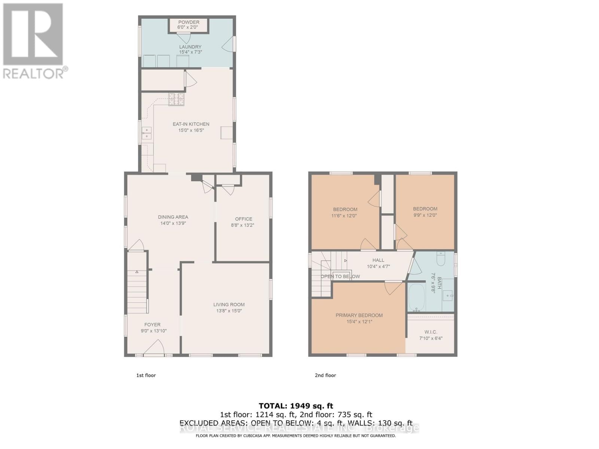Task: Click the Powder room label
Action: [189, 22]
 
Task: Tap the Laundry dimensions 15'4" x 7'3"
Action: [190, 52]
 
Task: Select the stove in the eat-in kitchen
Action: [176, 99]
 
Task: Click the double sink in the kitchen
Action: [146, 133]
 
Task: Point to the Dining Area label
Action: [173, 217]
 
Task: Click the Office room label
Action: [243, 219]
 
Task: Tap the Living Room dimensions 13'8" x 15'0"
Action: [229, 311]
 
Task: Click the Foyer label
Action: [152, 325]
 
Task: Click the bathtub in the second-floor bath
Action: [416, 297]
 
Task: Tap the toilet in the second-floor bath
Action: [441, 259]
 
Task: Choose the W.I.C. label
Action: [431, 332]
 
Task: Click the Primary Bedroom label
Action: [359, 315]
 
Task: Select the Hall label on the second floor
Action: [378, 260]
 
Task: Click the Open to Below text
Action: [340, 277]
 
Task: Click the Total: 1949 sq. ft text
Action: [296, 406]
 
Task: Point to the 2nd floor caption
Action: [325, 375]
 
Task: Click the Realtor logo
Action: [34, 41]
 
